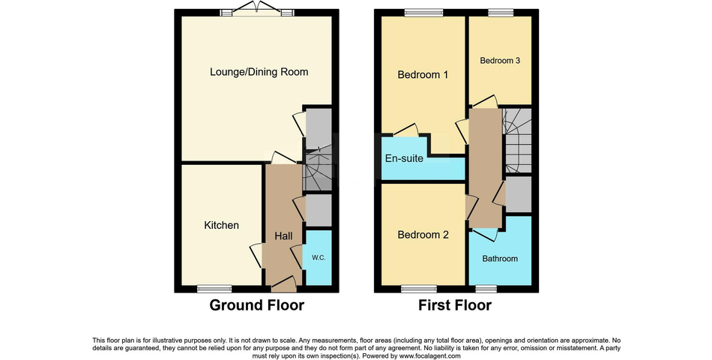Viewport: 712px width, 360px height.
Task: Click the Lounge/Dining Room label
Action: (259, 72)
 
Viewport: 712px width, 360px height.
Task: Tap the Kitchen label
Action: (222, 225)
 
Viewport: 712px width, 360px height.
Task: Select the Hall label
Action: (283, 236)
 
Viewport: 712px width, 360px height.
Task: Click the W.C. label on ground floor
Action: (319, 258)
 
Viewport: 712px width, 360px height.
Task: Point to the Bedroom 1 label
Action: (423, 75)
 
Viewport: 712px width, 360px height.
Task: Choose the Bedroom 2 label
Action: (423, 235)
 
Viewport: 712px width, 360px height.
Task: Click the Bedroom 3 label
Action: (500, 61)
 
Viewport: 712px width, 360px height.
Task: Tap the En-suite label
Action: (404, 159)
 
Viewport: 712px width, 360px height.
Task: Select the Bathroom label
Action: (500, 259)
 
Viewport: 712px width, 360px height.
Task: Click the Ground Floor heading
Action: (256, 305)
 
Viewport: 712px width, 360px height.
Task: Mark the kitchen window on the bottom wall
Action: (209, 289)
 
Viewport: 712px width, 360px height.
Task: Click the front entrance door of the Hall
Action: (284, 285)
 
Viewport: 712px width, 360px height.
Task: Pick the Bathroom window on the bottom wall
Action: (486, 289)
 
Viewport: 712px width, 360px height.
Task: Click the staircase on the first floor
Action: (516, 139)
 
